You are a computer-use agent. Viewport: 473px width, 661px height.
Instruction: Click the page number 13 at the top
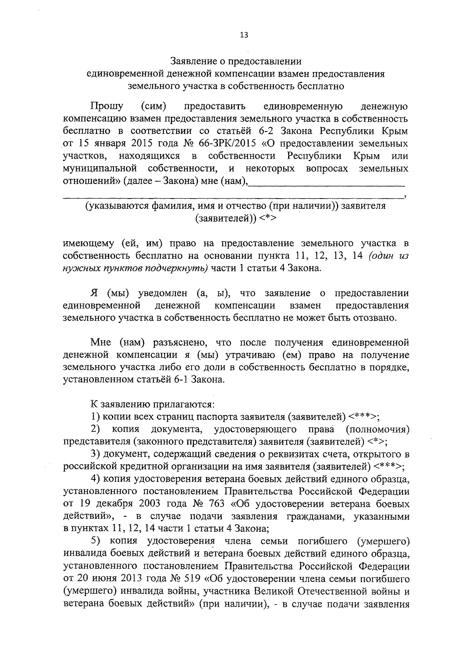244,35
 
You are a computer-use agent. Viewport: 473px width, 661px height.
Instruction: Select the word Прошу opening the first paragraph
107,106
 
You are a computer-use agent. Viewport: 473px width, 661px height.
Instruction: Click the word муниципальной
100,169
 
